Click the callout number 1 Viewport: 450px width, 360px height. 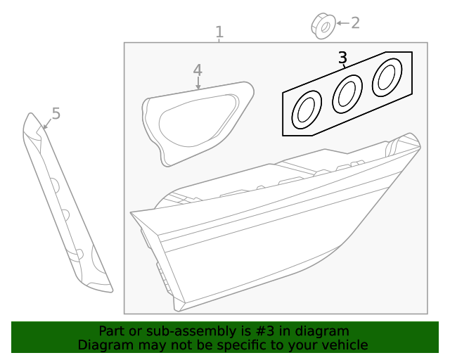(x=219, y=32)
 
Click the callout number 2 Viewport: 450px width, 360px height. (x=355, y=22)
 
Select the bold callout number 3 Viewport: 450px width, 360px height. (x=342, y=58)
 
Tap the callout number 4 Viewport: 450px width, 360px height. (x=198, y=70)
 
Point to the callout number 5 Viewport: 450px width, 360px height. (x=56, y=113)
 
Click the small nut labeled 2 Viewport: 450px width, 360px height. (x=322, y=25)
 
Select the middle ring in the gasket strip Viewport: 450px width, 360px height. (x=347, y=92)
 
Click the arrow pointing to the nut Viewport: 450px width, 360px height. (x=341, y=23)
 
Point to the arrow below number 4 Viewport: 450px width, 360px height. (x=198, y=84)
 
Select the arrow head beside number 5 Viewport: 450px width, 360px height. (x=44, y=126)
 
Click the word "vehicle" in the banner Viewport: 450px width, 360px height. (x=343, y=345)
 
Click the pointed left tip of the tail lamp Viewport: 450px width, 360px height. (x=131, y=212)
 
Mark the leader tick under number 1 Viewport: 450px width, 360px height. (x=219, y=41)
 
